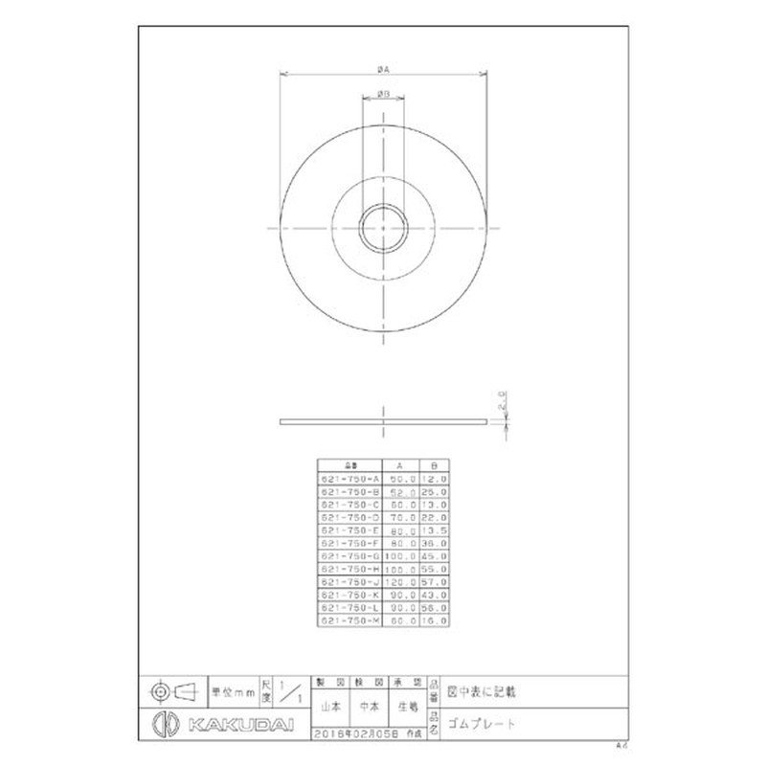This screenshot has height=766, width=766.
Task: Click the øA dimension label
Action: [382, 68]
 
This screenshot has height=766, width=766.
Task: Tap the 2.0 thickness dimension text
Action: [501, 397]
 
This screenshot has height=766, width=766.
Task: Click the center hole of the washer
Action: [382, 228]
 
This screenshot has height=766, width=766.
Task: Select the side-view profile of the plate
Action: [382, 421]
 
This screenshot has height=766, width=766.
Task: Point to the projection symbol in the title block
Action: [173, 689]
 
